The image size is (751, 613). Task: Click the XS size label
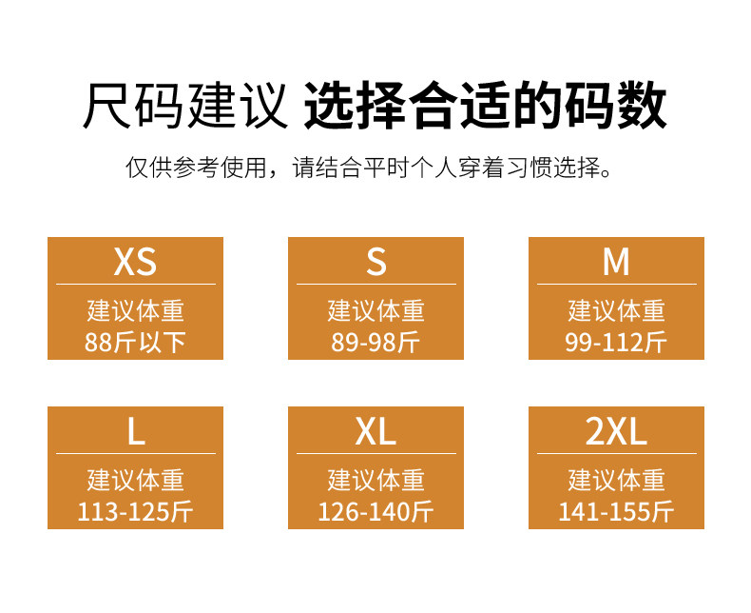coord(135,261)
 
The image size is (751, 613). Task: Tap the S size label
coord(376,261)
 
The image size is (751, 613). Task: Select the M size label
coord(616,261)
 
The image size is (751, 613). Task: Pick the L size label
coord(135,431)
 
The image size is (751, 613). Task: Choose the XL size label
coord(376,431)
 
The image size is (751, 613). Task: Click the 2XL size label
coord(616,431)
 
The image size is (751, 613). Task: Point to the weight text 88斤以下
coord(135,342)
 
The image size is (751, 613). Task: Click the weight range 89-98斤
coord(376,342)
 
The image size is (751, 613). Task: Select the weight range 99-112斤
coord(616,342)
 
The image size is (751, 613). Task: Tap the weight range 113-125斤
coord(135,512)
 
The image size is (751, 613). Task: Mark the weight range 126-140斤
coord(376,512)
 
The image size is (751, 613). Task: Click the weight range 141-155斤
coord(616,512)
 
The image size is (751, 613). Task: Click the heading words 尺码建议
coord(184,107)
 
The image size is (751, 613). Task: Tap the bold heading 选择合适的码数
coord(485,107)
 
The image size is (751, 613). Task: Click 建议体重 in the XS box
coord(135,310)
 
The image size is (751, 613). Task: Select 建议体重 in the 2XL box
coord(616,480)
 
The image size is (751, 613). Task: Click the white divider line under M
coord(616,284)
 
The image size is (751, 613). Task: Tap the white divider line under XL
coord(376,454)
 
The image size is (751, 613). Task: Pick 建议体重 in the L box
coord(135,480)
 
